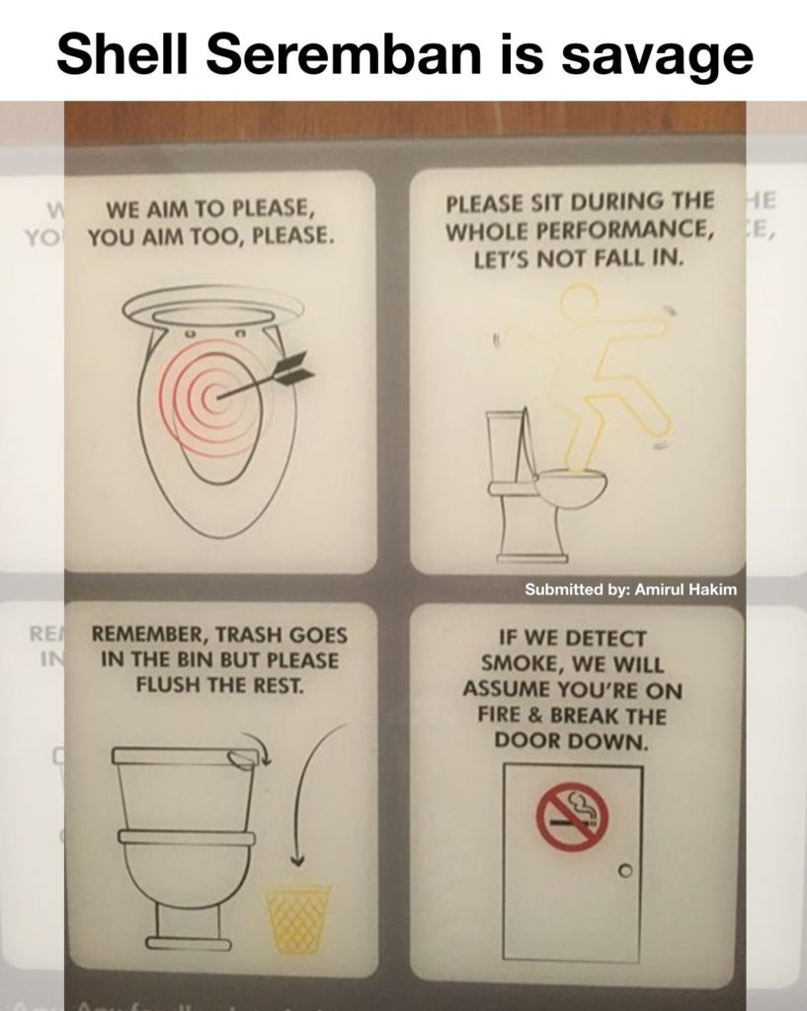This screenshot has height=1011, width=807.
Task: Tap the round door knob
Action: [624, 871]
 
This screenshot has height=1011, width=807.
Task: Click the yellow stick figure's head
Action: [578, 301]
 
